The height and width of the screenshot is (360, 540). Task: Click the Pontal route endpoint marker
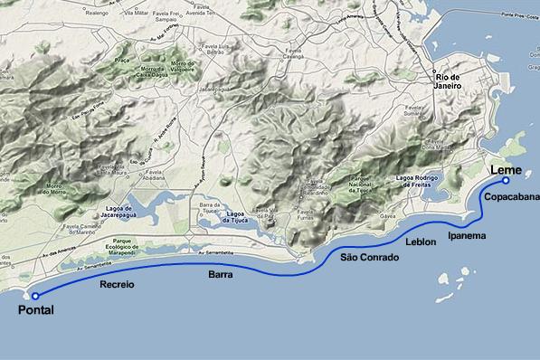(35, 296)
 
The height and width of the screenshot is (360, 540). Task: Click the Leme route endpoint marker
(506, 181)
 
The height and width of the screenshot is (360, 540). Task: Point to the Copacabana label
(511, 196)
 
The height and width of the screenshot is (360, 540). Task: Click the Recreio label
(116, 284)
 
